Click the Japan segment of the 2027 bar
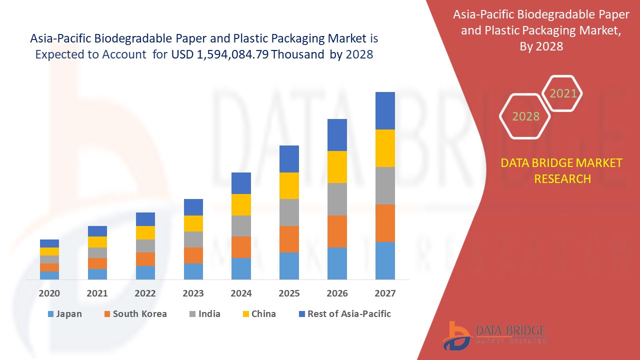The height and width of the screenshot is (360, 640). coord(385,260)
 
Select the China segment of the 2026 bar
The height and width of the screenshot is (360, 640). coord(337,167)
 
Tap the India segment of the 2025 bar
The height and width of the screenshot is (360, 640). coord(289,212)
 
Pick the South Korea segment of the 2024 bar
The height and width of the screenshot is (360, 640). coord(241,247)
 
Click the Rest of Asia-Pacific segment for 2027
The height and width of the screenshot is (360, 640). coord(385,110)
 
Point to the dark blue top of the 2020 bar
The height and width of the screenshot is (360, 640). coord(49,243)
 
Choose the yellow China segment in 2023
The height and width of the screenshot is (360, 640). coord(193,223)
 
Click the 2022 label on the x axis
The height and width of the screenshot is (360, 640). coord(145,293)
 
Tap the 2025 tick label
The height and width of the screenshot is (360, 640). coord(289,293)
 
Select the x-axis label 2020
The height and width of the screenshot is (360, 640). coord(49,293)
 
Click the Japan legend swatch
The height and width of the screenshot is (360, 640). coord(50,314)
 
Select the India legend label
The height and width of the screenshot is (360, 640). coord(209,314)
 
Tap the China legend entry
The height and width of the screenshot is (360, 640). coord(263,314)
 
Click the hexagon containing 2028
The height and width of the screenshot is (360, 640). coord(525,116)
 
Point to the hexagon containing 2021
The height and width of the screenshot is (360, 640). coord(563,93)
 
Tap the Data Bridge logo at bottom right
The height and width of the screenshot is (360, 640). coord(493,335)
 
